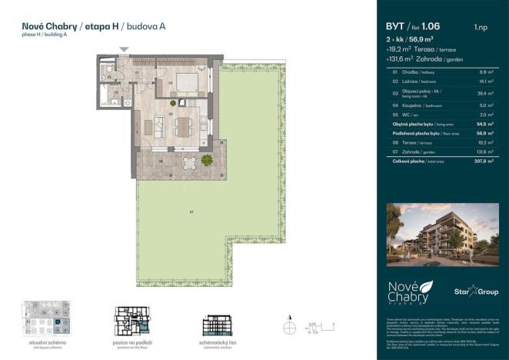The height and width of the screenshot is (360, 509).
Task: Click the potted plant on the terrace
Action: click(x=207, y=160)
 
